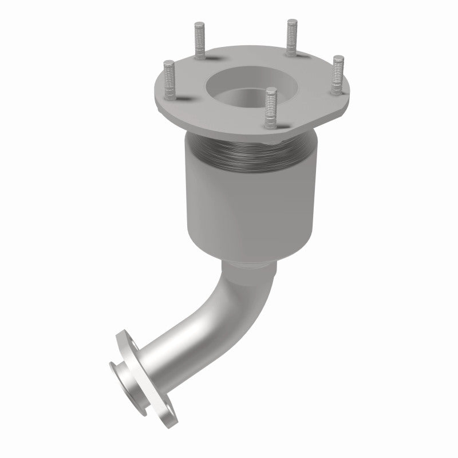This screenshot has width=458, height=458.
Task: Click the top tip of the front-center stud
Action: tap(272, 89)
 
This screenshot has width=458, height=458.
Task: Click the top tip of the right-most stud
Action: tap(338, 58)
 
